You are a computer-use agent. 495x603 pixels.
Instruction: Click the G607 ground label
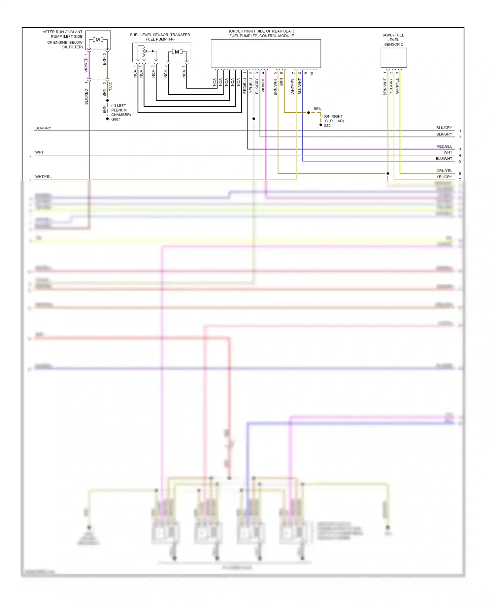(115, 119)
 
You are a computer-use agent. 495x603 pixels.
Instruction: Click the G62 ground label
(327, 126)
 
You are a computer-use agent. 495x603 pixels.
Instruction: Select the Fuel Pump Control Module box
(266, 53)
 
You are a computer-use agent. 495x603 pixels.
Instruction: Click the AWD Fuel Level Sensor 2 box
(394, 58)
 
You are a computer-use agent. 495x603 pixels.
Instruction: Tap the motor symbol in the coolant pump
(98, 40)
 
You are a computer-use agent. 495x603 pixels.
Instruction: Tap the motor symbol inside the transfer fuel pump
(177, 52)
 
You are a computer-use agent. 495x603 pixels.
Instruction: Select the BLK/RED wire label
(86, 97)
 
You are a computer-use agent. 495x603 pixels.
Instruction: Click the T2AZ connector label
(111, 86)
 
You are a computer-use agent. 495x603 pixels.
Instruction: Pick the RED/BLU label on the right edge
(444, 146)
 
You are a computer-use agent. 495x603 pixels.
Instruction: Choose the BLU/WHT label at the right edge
(444, 159)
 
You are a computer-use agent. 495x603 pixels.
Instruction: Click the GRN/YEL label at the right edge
(444, 171)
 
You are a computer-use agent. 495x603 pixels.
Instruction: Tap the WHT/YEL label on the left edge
(43, 177)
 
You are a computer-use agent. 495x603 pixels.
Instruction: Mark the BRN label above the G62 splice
(317, 109)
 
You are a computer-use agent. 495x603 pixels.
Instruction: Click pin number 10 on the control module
(312, 74)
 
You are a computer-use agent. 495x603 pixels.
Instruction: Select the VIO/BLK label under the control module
(263, 85)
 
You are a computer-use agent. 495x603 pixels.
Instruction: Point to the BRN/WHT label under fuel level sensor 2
(385, 86)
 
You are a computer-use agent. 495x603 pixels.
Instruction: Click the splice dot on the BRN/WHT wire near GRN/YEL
(388, 174)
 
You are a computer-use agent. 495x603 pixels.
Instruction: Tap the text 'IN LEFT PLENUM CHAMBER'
(121, 110)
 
